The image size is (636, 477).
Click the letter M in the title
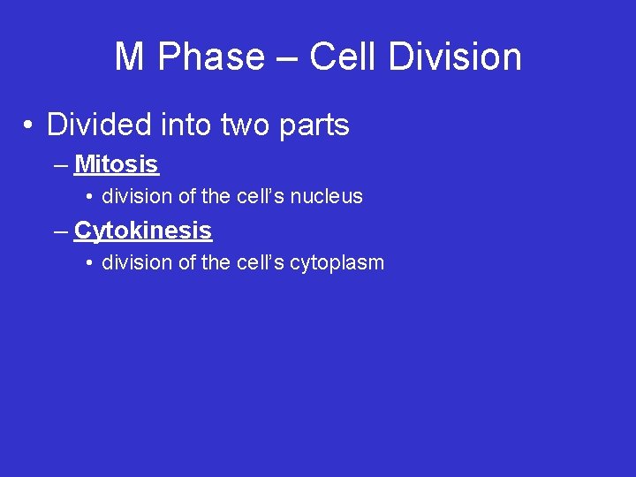(x=129, y=57)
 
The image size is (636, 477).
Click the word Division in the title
(x=461, y=57)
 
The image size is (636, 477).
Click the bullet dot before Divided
(x=29, y=126)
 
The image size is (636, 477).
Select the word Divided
(x=99, y=125)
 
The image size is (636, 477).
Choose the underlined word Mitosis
(x=117, y=164)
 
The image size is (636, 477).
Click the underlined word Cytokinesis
(x=143, y=231)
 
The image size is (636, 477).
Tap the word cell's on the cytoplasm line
(x=261, y=262)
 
